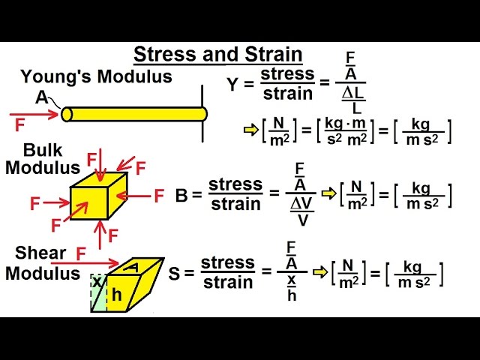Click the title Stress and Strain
tap(218, 55)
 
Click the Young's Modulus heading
tap(96, 76)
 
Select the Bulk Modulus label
tap(43, 159)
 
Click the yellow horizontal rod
tap(135, 114)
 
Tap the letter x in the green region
tap(97, 282)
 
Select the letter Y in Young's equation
tap(232, 84)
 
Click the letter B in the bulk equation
tap(182, 195)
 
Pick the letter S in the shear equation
tap(174, 274)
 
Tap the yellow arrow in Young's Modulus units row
tap(249, 130)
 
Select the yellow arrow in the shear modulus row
tap(319, 271)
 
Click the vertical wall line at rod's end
tap(202, 113)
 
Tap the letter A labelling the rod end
tap(41, 97)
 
